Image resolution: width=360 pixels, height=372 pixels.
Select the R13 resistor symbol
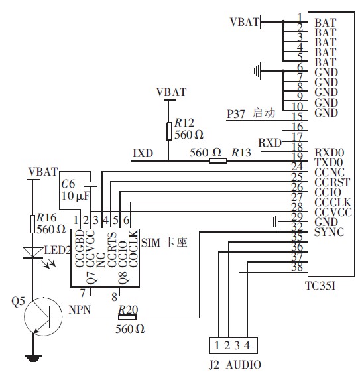pyautogui.click(x=215, y=160)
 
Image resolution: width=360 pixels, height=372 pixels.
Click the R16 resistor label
pyautogui.click(x=47, y=217)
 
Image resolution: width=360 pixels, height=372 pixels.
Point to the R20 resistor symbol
pyautogui.click(x=126, y=318)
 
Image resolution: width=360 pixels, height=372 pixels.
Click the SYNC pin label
pyautogui.click(x=329, y=232)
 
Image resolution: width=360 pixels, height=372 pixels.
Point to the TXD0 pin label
pyautogui.click(x=330, y=161)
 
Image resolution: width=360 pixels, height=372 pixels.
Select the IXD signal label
pyautogui.click(x=143, y=153)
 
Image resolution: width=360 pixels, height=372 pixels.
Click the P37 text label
pyautogui.click(x=236, y=113)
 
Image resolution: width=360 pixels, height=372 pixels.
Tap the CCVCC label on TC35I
pyautogui.click(x=333, y=212)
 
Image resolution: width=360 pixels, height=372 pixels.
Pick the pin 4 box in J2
pyautogui.click(x=247, y=345)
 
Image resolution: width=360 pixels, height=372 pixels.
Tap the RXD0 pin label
pyautogui.click(x=330, y=151)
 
